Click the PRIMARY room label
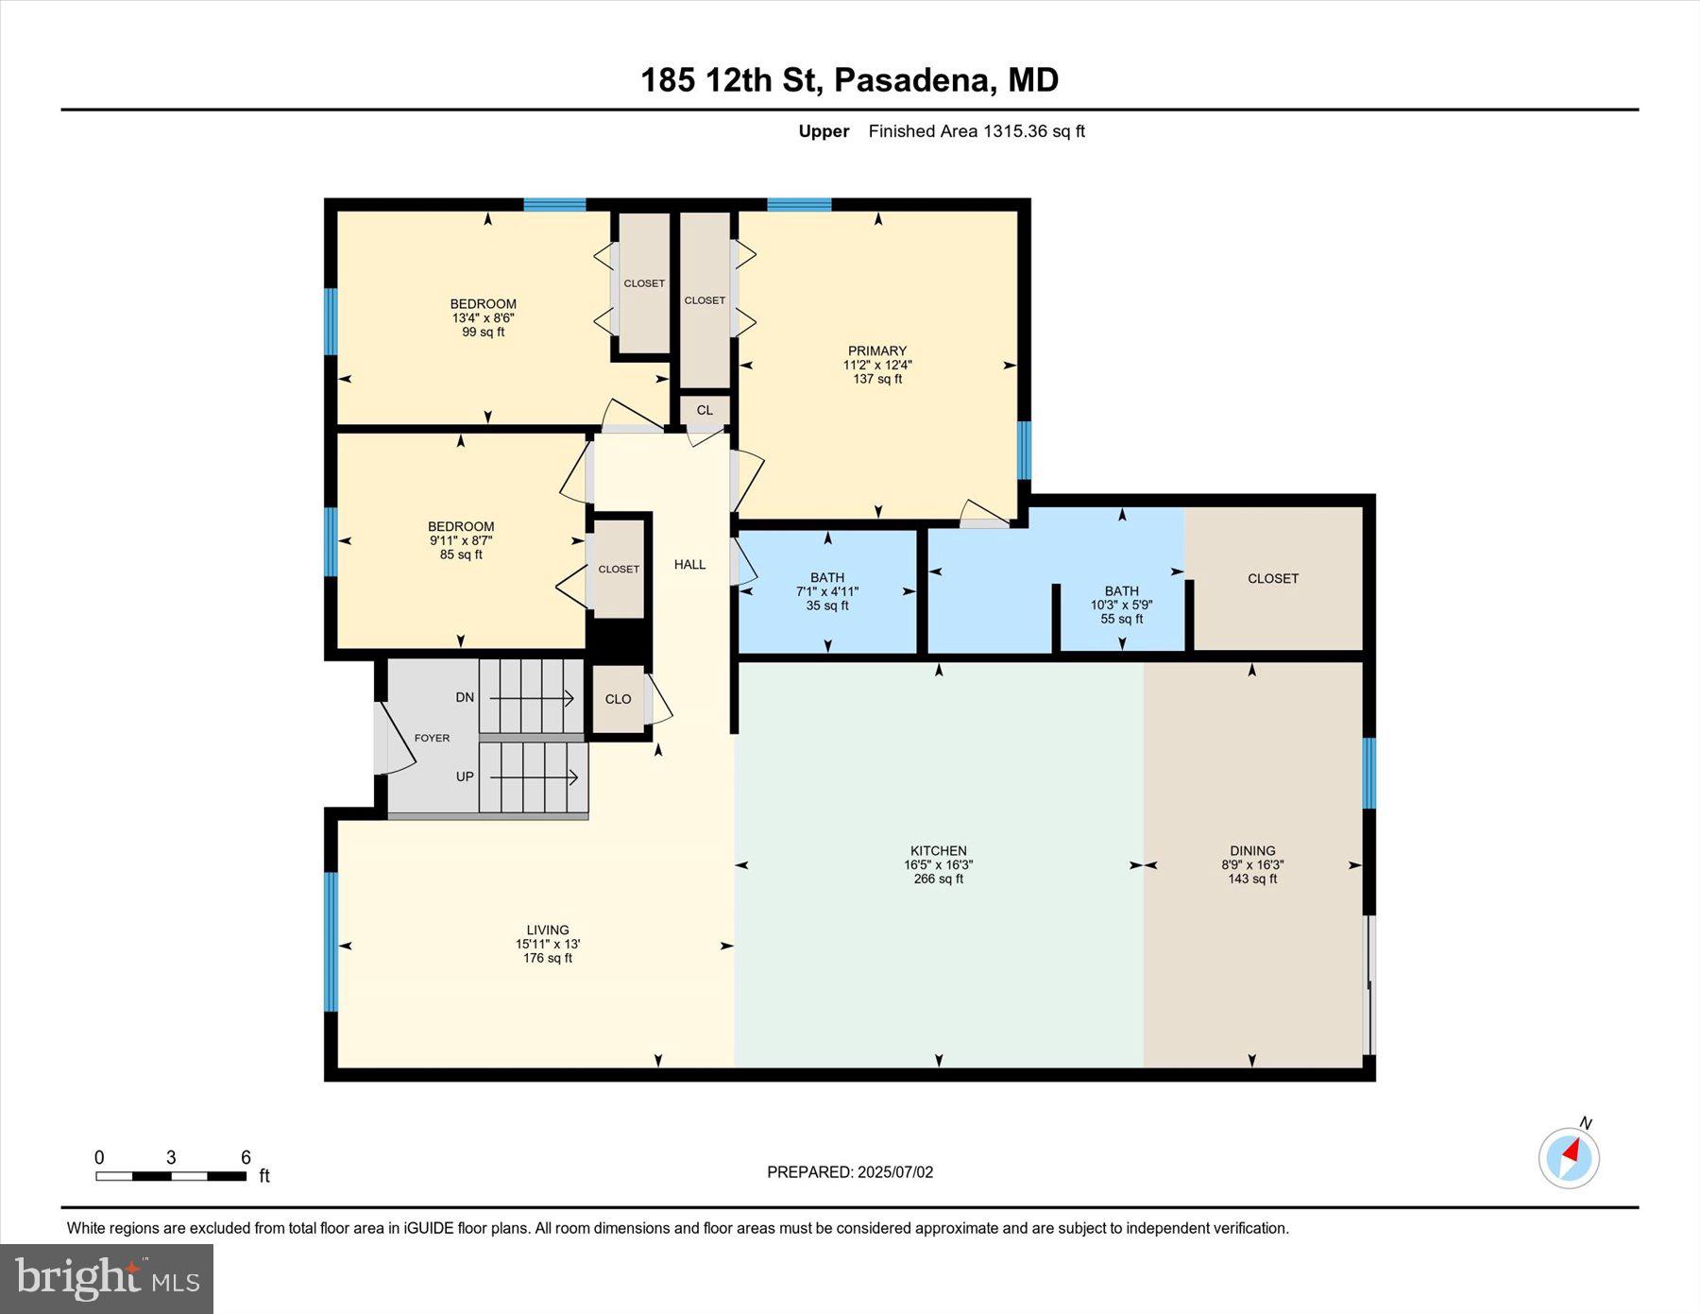pyautogui.click(x=876, y=350)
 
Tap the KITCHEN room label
pyautogui.click(x=938, y=850)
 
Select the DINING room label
pyautogui.click(x=1252, y=850)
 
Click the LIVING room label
pyautogui.click(x=548, y=930)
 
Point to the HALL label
pyautogui.click(x=689, y=564)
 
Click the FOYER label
pyautogui.click(x=432, y=738)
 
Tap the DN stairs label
pyautogui.click(x=465, y=697)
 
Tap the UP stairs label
pyautogui.click(x=465, y=776)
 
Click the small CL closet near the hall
pyautogui.click(x=705, y=410)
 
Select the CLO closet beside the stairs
pyautogui.click(x=618, y=699)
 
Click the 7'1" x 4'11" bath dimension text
pyautogui.click(x=827, y=591)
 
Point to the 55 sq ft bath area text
pyautogui.click(x=1121, y=619)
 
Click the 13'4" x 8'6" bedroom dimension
pyautogui.click(x=483, y=318)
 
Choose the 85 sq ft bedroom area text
pyautogui.click(x=461, y=555)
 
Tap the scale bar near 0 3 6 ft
pyautogui.click(x=170, y=1176)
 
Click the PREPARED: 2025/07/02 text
pyautogui.click(x=850, y=1171)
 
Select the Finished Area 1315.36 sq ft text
pyautogui.click(x=977, y=131)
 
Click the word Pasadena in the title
pyautogui.click(x=915, y=79)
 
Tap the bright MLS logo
pyautogui.click(x=107, y=1278)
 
